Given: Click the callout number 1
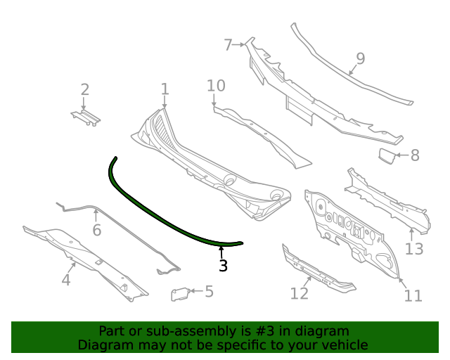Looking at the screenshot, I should click(x=165, y=89).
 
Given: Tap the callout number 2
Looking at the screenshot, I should click(x=85, y=89).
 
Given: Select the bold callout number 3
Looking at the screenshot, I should click(x=223, y=266).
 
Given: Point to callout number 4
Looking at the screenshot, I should click(x=66, y=280).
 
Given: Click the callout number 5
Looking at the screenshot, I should click(x=209, y=291).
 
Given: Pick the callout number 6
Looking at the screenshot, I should click(x=96, y=230).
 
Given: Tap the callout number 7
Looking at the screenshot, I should click(x=228, y=45).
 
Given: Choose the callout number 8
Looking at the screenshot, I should click(x=415, y=155).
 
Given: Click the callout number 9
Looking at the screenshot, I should click(x=360, y=58).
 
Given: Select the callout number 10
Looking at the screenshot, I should click(x=216, y=86).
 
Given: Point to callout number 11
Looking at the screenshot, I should click(x=413, y=295).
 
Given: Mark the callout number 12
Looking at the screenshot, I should click(x=300, y=293).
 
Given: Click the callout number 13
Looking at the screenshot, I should click(x=414, y=248).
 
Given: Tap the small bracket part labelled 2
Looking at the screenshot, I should click(x=84, y=117).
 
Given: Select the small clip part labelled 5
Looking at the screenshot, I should click(x=181, y=294).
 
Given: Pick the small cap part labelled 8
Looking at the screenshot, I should click(x=387, y=155).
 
